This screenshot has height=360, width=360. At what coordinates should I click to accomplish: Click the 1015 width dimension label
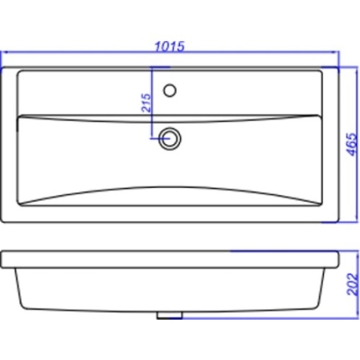[x=170, y=46]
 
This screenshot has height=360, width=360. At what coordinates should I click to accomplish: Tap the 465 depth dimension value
[x=352, y=144]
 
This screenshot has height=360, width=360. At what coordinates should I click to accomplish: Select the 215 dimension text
[x=146, y=102]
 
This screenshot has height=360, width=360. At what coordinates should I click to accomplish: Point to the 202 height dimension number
[x=352, y=284]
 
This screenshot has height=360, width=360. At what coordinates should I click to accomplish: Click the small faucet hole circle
[x=170, y=90]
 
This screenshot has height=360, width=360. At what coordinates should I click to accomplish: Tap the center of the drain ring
[x=170, y=138]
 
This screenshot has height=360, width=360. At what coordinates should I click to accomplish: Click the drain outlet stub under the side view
[x=170, y=315]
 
